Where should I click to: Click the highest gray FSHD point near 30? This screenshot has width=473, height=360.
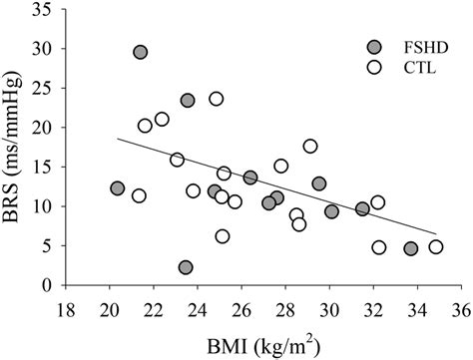141,52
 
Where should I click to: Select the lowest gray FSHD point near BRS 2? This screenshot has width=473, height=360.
186,267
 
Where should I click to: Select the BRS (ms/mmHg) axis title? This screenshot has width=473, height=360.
16,147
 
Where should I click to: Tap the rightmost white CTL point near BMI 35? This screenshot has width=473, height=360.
435,247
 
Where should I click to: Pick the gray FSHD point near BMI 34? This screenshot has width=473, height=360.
410,248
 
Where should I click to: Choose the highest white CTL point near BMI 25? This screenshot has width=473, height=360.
217,99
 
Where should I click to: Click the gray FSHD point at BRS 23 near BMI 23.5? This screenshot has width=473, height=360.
188,101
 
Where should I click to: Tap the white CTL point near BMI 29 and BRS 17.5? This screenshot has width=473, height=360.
310,147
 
